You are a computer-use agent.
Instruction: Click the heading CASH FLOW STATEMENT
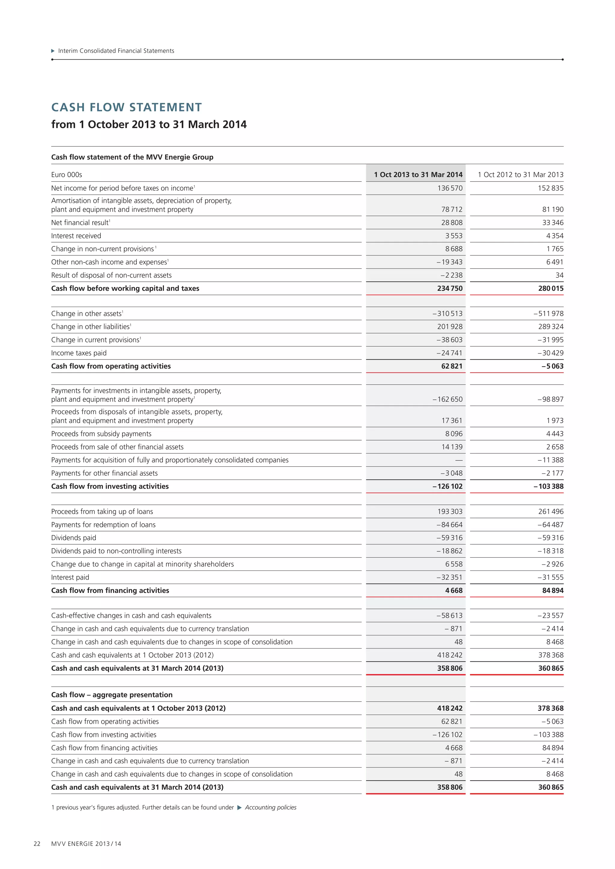126,107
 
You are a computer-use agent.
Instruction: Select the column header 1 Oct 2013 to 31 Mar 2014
418,174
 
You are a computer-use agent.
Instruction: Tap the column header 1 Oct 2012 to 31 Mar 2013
520,174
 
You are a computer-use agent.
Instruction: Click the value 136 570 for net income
450,188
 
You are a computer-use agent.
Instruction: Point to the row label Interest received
76,236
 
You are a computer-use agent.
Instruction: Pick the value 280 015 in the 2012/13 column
551,288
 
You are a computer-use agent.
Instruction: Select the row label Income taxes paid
79,353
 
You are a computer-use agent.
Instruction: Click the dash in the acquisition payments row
459,460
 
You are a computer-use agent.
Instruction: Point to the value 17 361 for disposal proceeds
452,420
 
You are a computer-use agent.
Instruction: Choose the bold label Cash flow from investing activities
110,486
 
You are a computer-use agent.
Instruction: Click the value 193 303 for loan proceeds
450,511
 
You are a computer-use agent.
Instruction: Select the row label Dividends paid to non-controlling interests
116,551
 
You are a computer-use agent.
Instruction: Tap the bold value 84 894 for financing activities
553,591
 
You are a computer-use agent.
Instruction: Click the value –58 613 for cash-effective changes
449,615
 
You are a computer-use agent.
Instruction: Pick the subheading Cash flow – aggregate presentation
112,695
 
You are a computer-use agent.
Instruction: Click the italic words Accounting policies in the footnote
270,807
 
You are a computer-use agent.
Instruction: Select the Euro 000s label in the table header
67,174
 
